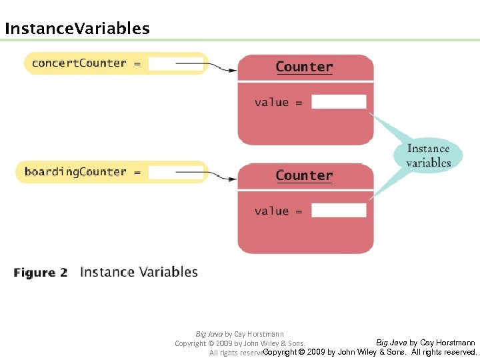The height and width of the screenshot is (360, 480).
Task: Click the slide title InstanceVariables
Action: [77, 29]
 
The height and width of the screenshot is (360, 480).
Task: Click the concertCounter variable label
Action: [79, 63]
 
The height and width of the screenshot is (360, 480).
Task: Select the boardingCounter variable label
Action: [75, 172]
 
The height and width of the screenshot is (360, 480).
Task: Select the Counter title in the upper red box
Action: [304, 67]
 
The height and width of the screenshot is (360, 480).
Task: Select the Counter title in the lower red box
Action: [304, 175]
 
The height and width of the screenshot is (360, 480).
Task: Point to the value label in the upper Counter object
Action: [271, 102]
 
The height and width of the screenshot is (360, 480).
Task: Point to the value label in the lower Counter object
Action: [271, 211]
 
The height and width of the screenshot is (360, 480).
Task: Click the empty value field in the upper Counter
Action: [339, 102]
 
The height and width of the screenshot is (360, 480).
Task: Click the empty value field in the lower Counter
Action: [339, 211]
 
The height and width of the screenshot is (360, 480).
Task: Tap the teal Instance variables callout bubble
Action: [428, 155]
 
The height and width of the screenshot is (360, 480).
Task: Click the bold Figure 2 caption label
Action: [41, 273]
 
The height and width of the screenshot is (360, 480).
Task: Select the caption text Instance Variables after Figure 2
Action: [139, 272]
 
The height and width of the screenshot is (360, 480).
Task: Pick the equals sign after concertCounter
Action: [137, 64]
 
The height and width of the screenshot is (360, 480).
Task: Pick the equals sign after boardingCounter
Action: [137, 173]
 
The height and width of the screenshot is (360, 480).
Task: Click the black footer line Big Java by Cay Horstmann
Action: [425, 343]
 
